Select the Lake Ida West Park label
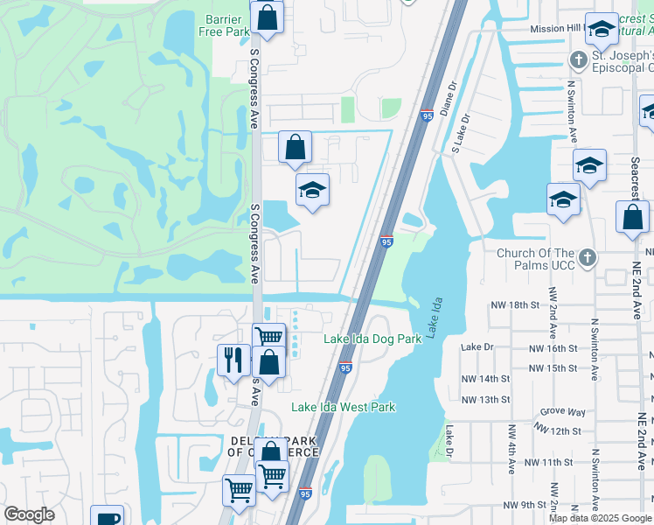(x=343, y=407)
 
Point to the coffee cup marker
(x=108, y=517)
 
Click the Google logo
(x=29, y=514)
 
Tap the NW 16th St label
(x=553, y=347)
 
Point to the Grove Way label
(x=562, y=411)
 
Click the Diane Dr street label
(x=449, y=98)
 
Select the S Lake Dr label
(x=461, y=132)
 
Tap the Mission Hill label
(x=556, y=28)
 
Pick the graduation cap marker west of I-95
(x=312, y=190)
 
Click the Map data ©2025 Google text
(x=600, y=518)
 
